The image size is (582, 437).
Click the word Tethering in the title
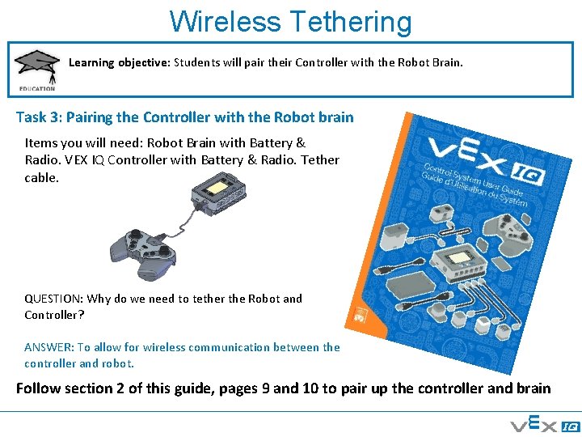pyautogui.click(x=350, y=22)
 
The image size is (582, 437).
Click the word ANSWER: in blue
pyautogui.click(x=48, y=347)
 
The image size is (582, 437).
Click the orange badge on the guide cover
pyautogui.click(x=360, y=315)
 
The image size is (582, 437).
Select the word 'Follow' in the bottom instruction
pyautogui.click(x=38, y=388)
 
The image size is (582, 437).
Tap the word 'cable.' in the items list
pyautogui.click(x=41, y=176)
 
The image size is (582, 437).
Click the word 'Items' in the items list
pyautogui.click(x=40, y=142)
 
